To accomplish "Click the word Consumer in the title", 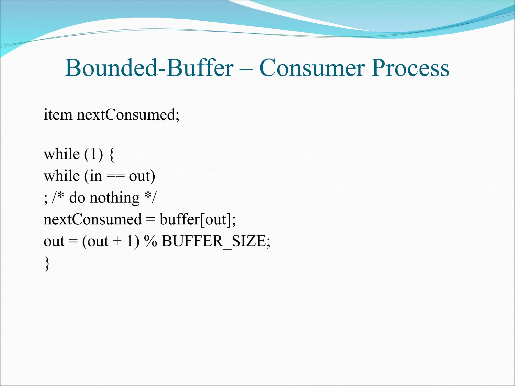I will click(312, 68).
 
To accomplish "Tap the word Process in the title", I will click(410, 68).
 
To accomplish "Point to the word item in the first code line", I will click(58, 115).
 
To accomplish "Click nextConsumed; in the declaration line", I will click(128, 115).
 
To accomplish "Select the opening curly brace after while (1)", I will click(112, 155).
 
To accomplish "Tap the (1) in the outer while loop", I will click(94, 154).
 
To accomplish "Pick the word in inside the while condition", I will click(96, 176).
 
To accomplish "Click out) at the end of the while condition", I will click(142, 176).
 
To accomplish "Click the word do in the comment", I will click(77, 198).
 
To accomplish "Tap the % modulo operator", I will click(150, 241).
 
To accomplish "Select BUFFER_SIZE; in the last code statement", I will click(216, 241).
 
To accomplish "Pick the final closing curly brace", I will click(47, 263).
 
